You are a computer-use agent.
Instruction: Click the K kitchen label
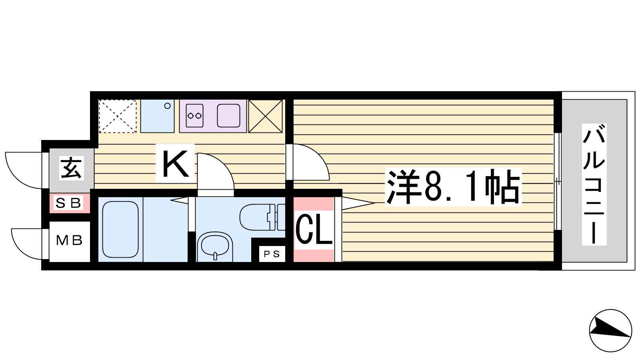point(176,164)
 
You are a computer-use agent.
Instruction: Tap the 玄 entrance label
point(72,168)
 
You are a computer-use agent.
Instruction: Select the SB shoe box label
point(68,203)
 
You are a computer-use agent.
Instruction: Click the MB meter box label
point(69,240)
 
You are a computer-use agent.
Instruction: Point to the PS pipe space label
point(272,254)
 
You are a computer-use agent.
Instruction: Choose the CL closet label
point(314,230)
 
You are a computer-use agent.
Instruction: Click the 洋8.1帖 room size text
point(453,187)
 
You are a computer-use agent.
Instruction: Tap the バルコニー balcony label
point(594,184)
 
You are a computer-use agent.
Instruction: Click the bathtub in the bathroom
point(120,230)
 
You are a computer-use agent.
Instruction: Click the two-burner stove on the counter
point(194,116)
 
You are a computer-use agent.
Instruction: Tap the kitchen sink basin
point(228,116)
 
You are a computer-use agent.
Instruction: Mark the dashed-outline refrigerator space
point(118,116)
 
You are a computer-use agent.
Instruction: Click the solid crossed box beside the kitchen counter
point(266,116)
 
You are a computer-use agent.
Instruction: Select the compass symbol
point(610,330)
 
